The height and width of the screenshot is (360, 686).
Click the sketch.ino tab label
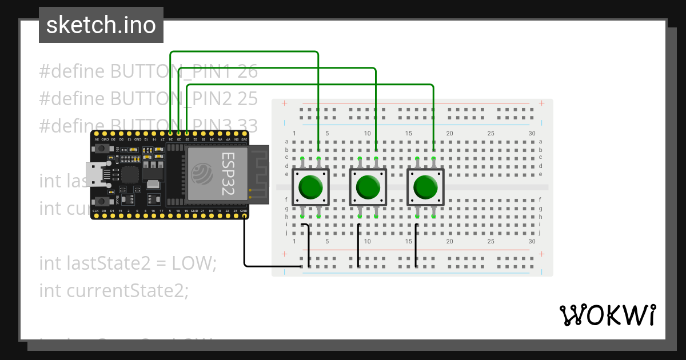pyautogui.click(x=101, y=25)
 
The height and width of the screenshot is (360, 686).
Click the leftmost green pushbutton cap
pyautogui.click(x=310, y=187)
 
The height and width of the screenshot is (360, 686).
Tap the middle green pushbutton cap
pyautogui.click(x=368, y=187)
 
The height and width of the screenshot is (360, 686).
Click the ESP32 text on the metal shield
pyautogui.click(x=228, y=174)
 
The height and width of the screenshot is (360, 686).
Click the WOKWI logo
pyautogui.click(x=607, y=315)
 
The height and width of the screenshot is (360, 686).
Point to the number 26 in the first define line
pyautogui.click(x=248, y=71)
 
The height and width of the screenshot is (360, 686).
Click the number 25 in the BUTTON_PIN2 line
pyautogui.click(x=248, y=98)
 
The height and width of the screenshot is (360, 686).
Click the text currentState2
pyautogui.click(x=113, y=290)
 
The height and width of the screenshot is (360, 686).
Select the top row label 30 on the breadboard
pyautogui.click(x=532, y=134)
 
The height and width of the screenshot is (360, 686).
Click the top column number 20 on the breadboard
pyautogui.click(x=449, y=134)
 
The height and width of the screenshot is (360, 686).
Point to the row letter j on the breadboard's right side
pyautogui.click(x=540, y=233)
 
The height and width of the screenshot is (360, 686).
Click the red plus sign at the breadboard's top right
pyautogui.click(x=541, y=103)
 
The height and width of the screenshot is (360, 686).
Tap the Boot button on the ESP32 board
pyautogui.click(x=102, y=201)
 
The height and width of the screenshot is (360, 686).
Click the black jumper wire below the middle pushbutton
pyautogui.click(x=358, y=246)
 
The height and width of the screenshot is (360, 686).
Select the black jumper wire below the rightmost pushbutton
pyautogui.click(x=416, y=246)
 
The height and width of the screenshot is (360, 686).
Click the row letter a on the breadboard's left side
pyautogui.click(x=286, y=142)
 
